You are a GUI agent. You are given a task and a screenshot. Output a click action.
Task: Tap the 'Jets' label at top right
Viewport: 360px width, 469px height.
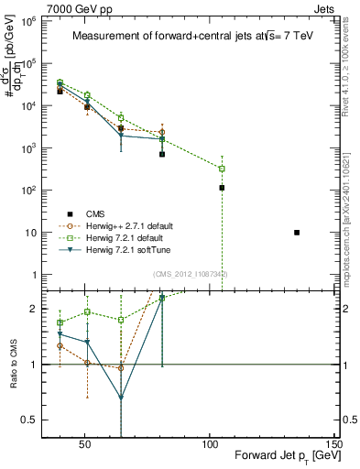pos(326,7)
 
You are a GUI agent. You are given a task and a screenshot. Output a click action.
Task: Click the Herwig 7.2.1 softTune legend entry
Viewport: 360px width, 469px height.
pos(133,249)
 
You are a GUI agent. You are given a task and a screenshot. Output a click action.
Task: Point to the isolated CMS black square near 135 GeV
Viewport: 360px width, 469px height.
pos(297,233)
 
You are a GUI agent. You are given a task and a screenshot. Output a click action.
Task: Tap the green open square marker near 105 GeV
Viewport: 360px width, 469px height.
pos(222,169)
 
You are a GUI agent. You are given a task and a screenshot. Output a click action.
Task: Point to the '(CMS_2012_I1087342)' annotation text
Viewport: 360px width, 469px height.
pos(191,274)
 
